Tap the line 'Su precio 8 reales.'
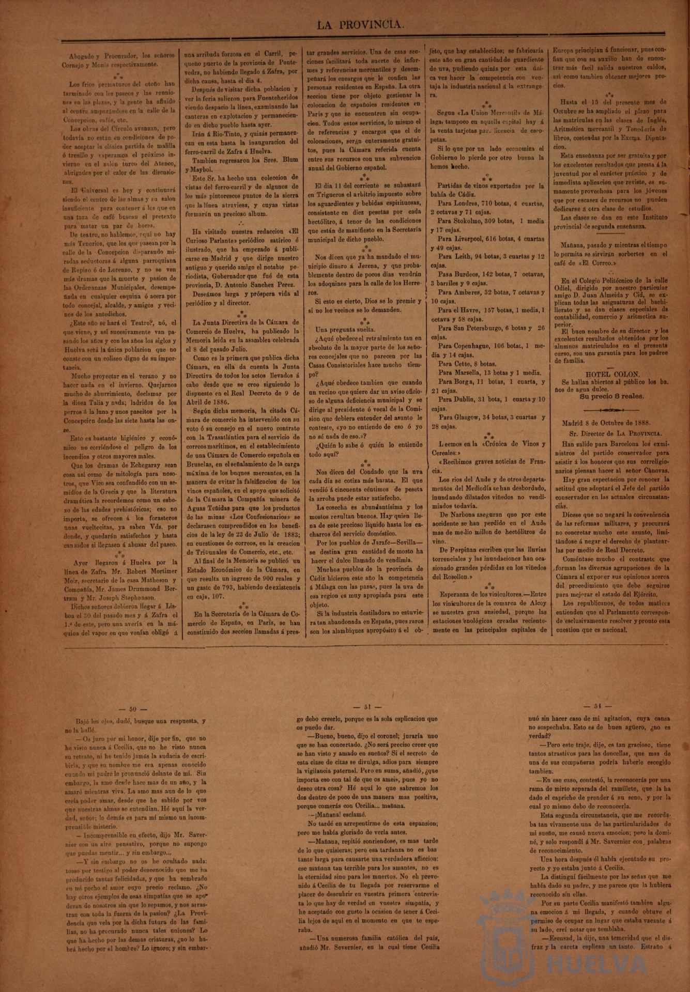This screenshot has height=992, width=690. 612,396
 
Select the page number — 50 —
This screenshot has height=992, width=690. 133,709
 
